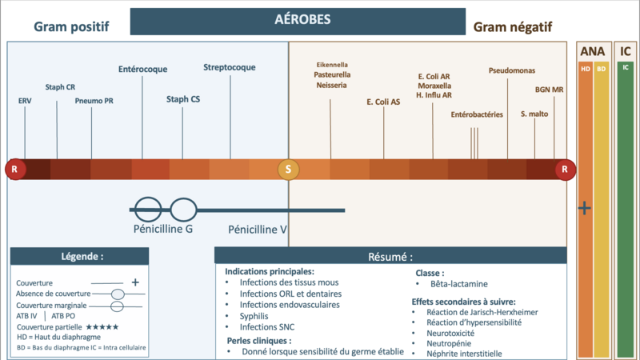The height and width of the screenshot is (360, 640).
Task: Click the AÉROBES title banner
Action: [x=298, y=22]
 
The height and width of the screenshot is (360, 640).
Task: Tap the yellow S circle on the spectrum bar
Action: [x=288, y=170]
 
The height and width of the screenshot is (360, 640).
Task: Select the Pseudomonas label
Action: [x=512, y=70]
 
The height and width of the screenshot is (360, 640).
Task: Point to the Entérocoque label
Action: [x=143, y=69]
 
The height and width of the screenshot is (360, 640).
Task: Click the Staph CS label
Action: [x=183, y=99]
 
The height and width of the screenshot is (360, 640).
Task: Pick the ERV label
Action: [x=25, y=101]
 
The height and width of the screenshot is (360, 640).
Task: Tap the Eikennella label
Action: [x=332, y=65]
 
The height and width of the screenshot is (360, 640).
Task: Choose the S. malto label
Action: [x=534, y=114]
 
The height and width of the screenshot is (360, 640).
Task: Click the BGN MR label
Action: [x=549, y=90]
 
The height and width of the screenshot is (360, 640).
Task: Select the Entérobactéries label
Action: [x=477, y=114]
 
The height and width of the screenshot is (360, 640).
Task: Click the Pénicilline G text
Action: [x=163, y=229]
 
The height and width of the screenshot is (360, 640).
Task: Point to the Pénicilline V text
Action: [x=257, y=230]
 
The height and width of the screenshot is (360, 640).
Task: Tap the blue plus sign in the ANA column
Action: [x=585, y=208]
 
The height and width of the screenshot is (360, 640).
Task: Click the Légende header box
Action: [x=79, y=256]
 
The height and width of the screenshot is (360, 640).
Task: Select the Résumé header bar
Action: [x=390, y=256]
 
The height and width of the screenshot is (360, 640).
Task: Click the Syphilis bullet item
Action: [x=254, y=316]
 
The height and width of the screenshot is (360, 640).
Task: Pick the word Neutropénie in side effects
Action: [x=449, y=344]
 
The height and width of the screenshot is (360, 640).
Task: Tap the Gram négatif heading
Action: [x=513, y=27]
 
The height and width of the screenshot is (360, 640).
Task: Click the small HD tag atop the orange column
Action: [x=586, y=69]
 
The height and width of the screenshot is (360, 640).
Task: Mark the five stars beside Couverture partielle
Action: [x=102, y=327]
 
